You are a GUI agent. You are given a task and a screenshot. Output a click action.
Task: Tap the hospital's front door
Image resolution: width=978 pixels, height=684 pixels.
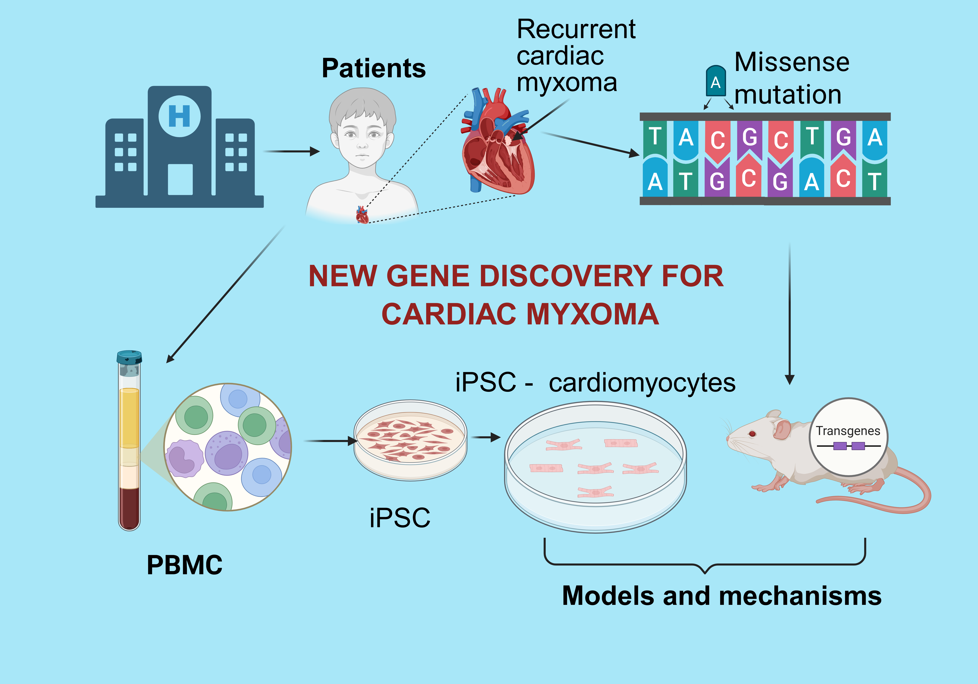(180, 179)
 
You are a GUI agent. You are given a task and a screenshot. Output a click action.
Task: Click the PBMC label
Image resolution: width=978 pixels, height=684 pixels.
(185, 565)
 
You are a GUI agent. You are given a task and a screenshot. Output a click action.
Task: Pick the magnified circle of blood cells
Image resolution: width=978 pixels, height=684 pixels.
(228, 447)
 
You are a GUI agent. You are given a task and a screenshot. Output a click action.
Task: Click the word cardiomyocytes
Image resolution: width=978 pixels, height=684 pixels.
(642, 383)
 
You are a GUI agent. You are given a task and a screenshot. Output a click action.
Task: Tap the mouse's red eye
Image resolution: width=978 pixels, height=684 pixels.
(752, 434)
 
